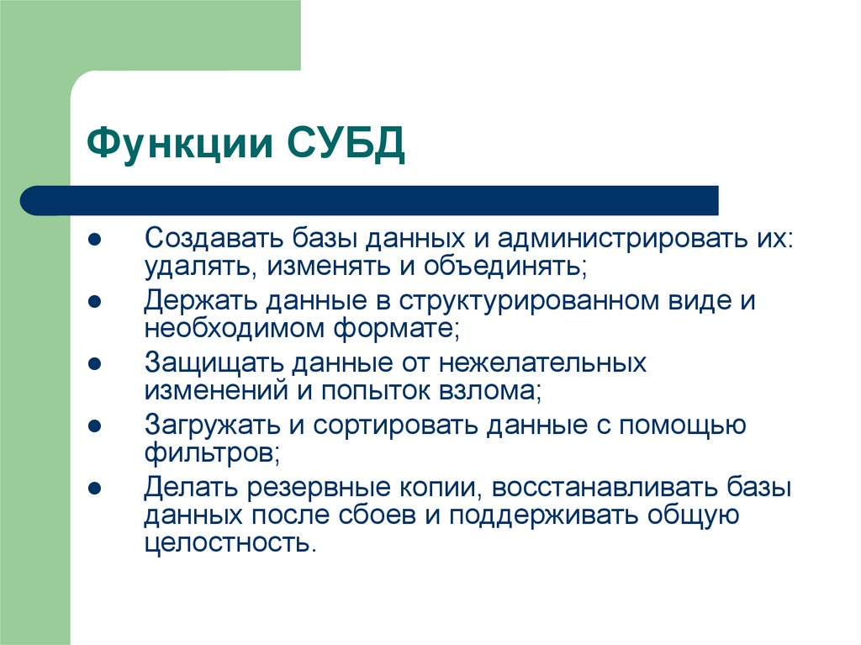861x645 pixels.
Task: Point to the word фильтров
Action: pyautogui.click(x=210, y=455)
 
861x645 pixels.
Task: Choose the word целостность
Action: pyautogui.click(x=229, y=545)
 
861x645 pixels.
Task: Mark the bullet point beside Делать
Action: pyautogui.click(x=95, y=488)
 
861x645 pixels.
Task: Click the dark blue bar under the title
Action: pyautogui.click(x=370, y=200)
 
